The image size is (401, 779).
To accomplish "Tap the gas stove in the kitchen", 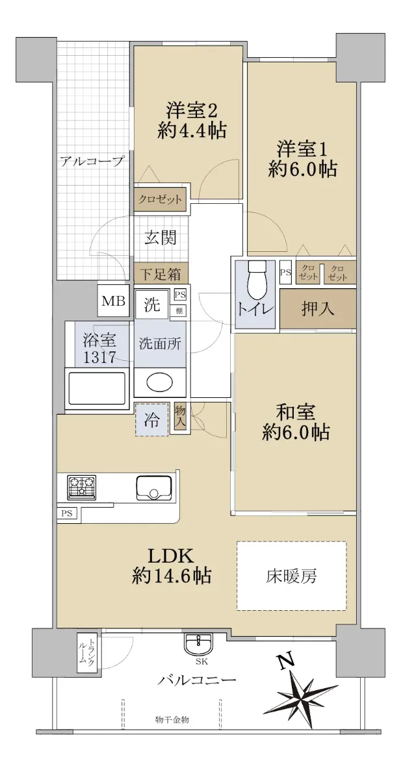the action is [x=82, y=486].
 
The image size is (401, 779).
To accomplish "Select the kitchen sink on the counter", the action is [x=154, y=487].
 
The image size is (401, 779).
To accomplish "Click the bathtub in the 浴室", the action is [x=97, y=388].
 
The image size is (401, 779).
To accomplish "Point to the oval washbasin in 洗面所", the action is [x=159, y=382].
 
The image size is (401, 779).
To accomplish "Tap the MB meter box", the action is [x=114, y=301].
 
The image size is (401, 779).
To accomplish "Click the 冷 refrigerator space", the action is [x=152, y=419].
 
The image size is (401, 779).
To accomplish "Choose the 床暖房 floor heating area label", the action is [x=291, y=576].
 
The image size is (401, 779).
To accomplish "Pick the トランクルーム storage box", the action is [x=86, y=652].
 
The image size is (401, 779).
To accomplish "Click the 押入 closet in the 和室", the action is [x=318, y=308].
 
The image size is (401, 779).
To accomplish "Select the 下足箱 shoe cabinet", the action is [x=161, y=274].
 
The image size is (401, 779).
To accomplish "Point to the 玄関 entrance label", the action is [x=161, y=238].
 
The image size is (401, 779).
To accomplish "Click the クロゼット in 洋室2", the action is [x=160, y=200].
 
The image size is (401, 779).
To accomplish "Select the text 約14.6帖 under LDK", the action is [x=172, y=576].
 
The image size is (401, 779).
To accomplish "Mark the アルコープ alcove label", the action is [x=92, y=162].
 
